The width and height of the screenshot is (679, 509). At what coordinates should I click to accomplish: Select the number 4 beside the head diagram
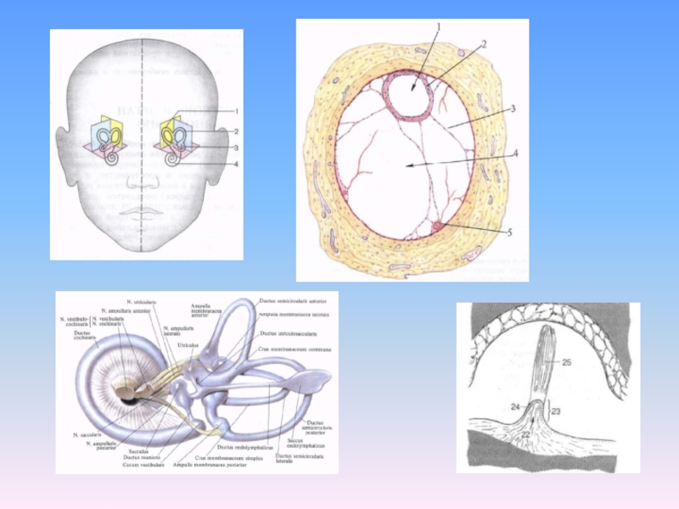click(237, 164)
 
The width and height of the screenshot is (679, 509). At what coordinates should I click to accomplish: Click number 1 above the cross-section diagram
click(438, 28)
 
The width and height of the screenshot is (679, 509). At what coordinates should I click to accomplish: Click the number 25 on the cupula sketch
click(566, 363)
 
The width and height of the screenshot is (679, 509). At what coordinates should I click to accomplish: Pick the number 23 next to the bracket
click(556, 411)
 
